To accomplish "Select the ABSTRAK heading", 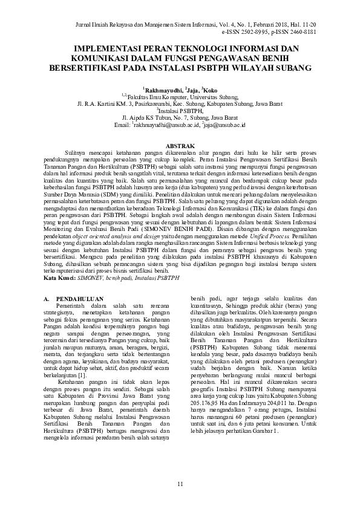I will point(180,146).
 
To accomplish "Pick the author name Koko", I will point(209,89).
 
